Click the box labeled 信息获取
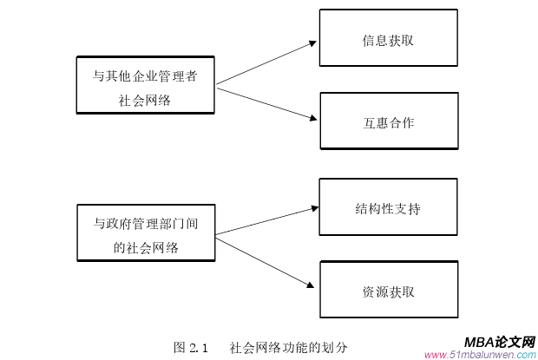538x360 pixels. click(x=388, y=37)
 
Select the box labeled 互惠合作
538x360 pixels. click(x=388, y=121)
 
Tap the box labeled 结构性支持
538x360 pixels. click(x=388, y=207)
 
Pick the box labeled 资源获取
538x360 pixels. click(x=388, y=290)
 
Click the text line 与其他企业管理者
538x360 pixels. click(x=145, y=75)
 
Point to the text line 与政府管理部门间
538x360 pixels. click(x=145, y=223)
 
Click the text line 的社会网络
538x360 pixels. click(x=145, y=247)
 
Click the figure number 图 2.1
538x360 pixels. click(x=192, y=347)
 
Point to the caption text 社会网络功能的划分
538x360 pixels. click(x=289, y=347)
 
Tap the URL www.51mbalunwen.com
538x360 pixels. click(x=480, y=354)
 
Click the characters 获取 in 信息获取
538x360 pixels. click(x=401, y=40)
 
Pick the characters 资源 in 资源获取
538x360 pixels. click(x=375, y=291)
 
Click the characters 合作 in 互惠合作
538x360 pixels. click(x=401, y=122)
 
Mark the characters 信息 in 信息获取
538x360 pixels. click(x=375, y=40)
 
